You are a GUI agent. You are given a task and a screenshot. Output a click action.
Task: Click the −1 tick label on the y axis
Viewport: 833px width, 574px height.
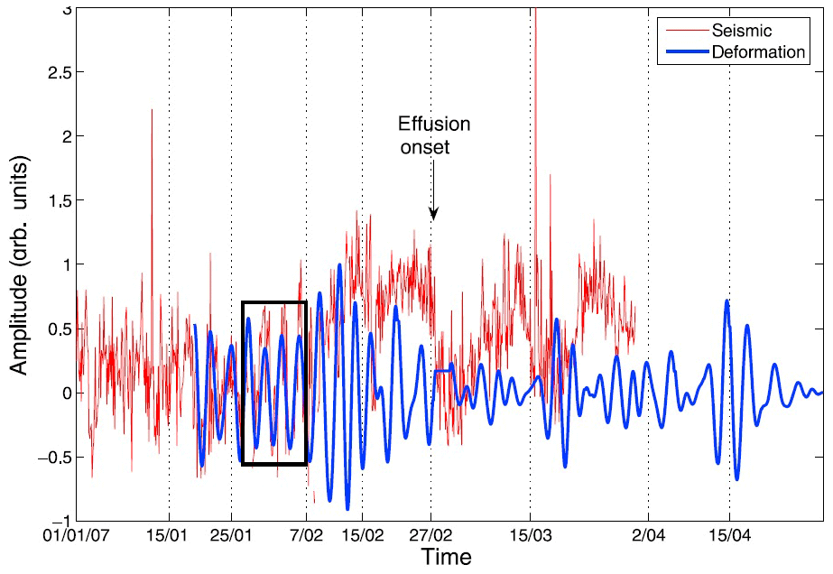(x=62, y=521)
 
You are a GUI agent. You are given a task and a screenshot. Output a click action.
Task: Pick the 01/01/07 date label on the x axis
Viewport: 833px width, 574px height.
(x=78, y=536)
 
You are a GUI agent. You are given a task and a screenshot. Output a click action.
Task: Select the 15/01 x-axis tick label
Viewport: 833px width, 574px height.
(x=170, y=536)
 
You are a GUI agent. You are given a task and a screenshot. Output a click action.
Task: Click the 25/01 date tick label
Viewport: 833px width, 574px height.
(x=232, y=536)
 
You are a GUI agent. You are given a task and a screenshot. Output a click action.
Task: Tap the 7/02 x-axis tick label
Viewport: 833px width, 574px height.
(x=307, y=536)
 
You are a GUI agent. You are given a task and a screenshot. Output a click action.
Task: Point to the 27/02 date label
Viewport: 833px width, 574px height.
(x=431, y=536)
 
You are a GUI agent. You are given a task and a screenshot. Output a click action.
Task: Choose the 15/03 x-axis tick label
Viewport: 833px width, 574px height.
(x=530, y=536)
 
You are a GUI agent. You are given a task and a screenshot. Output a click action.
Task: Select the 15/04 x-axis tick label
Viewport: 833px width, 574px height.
(x=729, y=536)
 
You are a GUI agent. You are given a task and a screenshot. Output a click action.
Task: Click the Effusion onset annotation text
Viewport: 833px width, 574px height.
(x=434, y=134)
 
